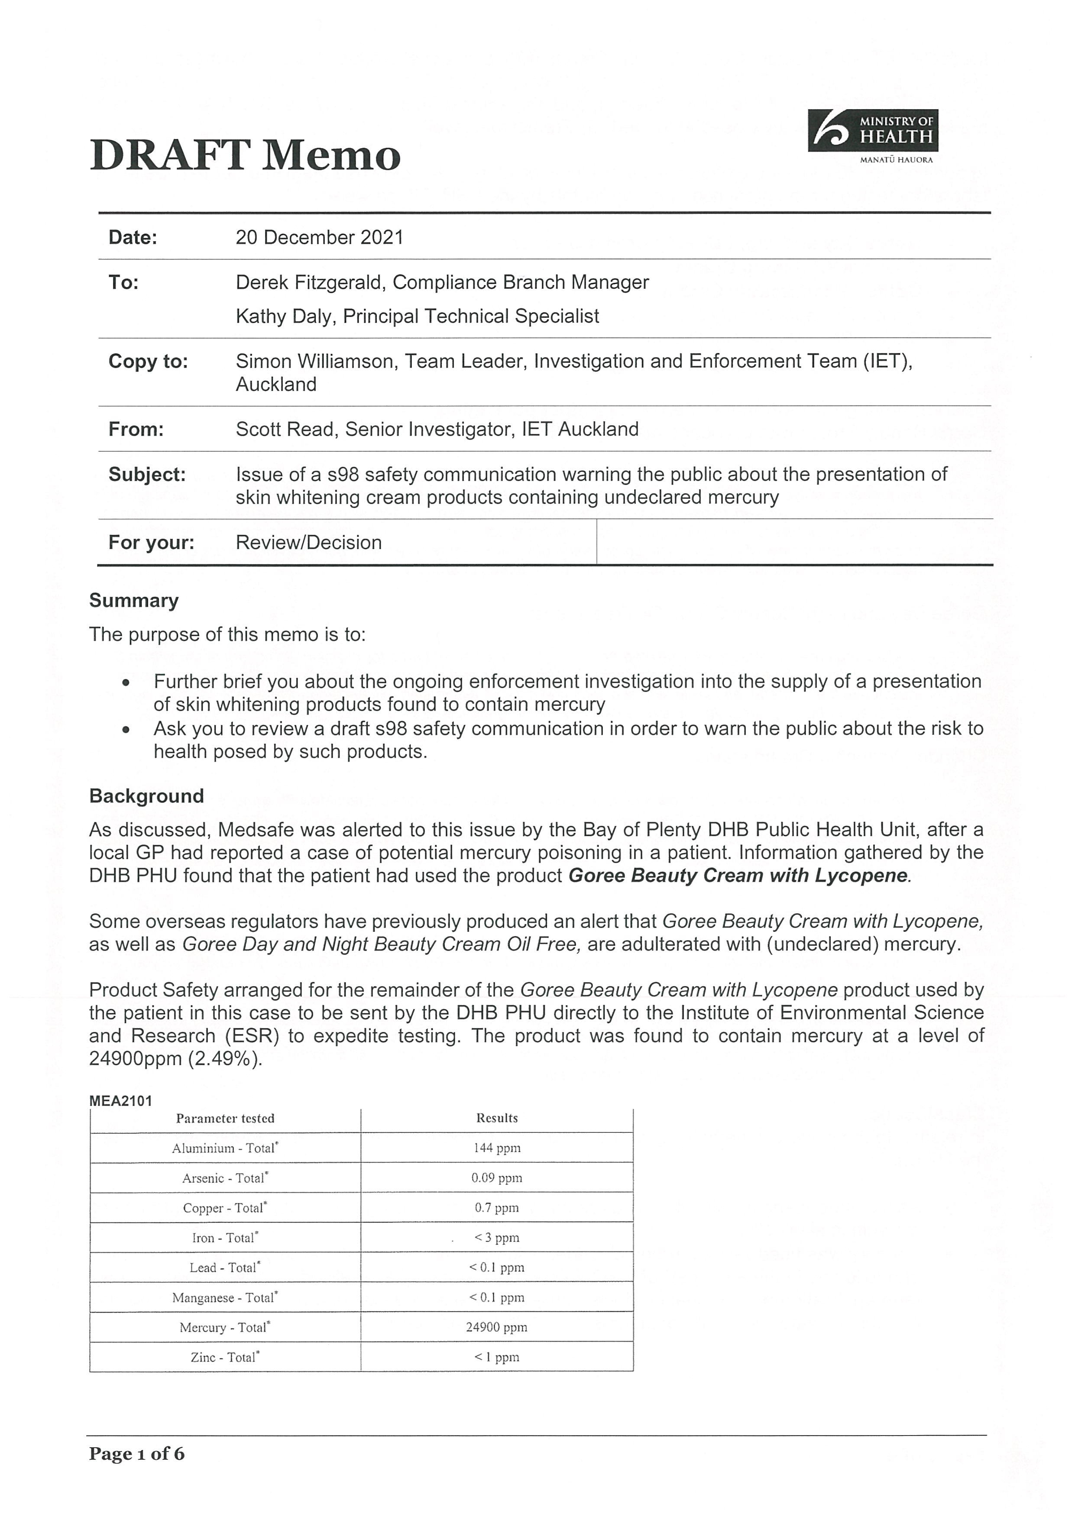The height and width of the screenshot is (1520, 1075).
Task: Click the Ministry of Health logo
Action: click(x=872, y=136)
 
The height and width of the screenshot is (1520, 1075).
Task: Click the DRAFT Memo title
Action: click(x=245, y=155)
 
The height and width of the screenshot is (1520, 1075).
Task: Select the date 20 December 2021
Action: click(x=319, y=238)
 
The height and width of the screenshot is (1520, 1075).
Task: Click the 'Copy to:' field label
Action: click(x=148, y=362)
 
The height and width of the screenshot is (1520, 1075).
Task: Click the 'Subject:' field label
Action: click(x=147, y=475)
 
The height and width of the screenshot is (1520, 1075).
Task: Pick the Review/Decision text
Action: click(x=308, y=543)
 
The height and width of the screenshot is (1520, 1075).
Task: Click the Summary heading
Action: click(x=134, y=601)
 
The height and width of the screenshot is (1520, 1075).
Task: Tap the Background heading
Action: click(x=146, y=796)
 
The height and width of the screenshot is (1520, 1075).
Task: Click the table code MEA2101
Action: click(x=120, y=1101)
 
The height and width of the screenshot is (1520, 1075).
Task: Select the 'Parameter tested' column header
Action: click(x=225, y=1119)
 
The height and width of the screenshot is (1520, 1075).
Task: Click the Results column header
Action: click(x=497, y=1118)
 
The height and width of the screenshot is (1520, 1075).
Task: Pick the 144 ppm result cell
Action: click(x=497, y=1148)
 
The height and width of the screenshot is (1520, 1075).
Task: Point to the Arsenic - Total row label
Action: click(x=225, y=1178)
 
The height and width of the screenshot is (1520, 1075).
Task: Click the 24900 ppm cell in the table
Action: click(x=497, y=1327)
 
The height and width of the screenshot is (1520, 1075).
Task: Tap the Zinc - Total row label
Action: click(x=225, y=1357)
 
